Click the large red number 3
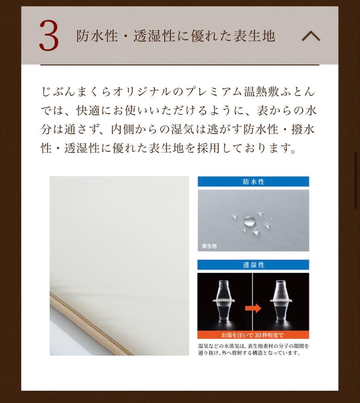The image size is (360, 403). click(49, 36)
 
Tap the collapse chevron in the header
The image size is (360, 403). click(310, 36)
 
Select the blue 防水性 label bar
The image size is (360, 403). click(253, 182)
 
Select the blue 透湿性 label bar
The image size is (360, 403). click(253, 265)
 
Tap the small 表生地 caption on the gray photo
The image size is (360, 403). click(209, 246)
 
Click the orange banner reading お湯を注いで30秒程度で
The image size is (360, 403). click(253, 335)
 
